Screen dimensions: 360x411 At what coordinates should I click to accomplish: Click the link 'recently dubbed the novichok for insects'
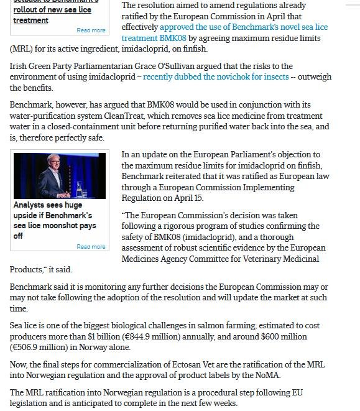(x=216, y=77)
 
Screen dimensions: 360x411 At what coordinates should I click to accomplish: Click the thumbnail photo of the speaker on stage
(x=59, y=176)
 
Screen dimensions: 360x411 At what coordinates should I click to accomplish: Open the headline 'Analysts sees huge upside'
(x=47, y=205)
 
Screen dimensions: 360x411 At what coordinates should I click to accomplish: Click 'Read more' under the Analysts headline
(x=91, y=247)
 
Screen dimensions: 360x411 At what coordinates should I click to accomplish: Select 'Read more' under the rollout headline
(x=91, y=30)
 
